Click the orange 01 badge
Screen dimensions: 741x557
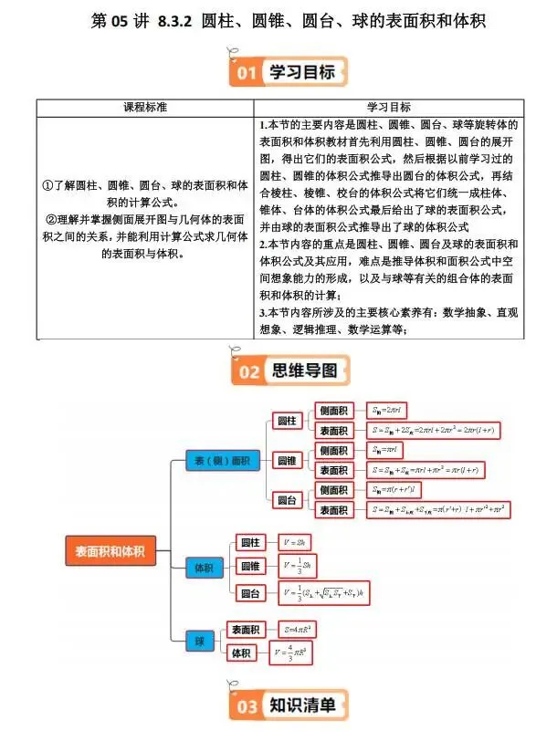point(245,71)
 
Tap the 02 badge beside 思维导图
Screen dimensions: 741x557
point(247,370)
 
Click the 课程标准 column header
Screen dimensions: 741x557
point(145,107)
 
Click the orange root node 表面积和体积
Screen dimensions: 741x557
point(110,549)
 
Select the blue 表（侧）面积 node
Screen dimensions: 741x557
point(222,460)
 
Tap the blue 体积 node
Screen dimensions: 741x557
point(203,567)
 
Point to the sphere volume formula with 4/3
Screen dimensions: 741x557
point(297,652)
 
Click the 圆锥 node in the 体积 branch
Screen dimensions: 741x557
point(251,566)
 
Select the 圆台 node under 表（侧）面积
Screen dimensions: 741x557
point(287,500)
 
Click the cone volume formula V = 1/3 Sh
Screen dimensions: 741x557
point(300,565)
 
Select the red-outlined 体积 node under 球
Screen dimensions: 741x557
point(241,652)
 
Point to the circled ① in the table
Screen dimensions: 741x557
point(48,185)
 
